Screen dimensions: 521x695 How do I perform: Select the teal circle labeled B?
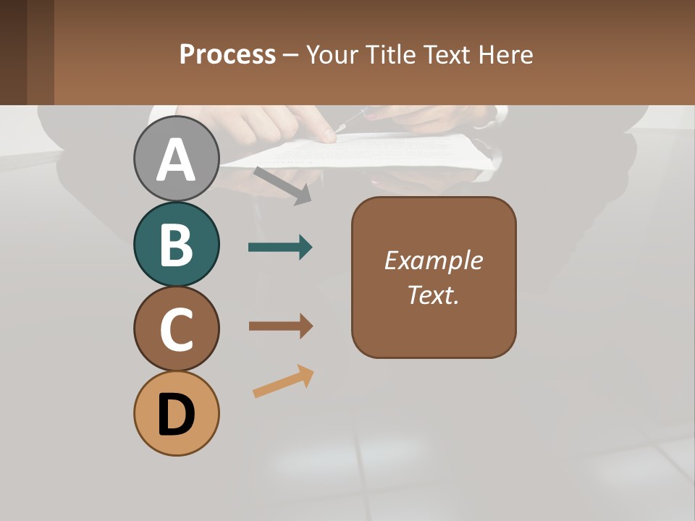177,244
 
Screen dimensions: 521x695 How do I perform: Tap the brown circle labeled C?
177,329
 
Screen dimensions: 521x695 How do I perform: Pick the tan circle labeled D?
177,413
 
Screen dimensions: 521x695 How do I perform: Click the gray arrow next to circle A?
282,185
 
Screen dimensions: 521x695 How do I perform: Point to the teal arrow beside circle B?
280,247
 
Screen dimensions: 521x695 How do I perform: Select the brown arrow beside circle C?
280,326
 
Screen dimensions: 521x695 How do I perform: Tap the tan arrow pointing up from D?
283,381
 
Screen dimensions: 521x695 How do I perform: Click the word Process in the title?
227,54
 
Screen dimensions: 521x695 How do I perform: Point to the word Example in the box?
433,260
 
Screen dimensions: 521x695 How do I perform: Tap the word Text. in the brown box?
433,295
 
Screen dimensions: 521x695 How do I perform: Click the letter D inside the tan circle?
177,415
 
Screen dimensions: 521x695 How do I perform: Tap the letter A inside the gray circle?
177,160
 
